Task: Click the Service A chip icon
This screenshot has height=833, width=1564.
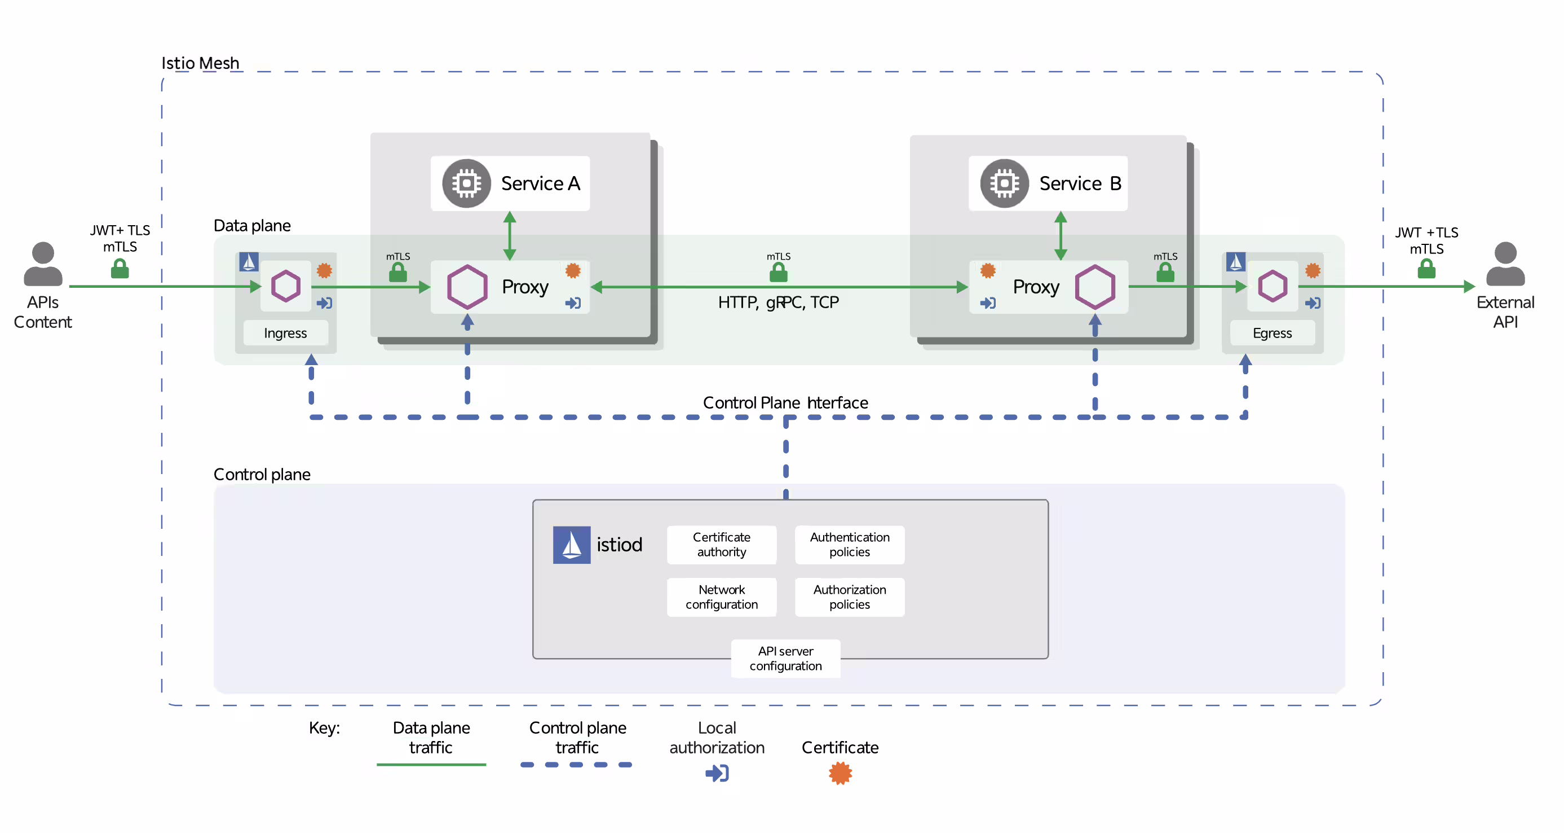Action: pos(466,183)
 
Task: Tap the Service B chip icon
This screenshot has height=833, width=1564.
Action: pos(1004,183)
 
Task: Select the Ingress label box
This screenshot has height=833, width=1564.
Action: pos(285,333)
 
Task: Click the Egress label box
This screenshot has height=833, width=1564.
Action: pos(1272,333)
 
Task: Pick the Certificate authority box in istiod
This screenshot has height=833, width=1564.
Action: pos(721,545)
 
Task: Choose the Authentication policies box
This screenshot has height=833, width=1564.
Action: pos(850,545)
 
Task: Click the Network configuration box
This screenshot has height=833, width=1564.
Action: pos(721,597)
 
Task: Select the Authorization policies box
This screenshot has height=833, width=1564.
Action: pos(850,597)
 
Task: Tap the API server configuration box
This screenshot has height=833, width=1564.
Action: pos(785,658)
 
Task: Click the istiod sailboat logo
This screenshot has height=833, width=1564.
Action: pos(571,545)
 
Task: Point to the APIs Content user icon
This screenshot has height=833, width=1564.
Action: pos(42,264)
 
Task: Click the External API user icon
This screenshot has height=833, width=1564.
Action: pos(1505,264)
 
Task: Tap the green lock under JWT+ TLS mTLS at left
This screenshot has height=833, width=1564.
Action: pos(120,268)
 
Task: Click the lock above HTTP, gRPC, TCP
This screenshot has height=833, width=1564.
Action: pos(779,271)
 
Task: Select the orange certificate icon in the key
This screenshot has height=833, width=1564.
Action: pos(840,773)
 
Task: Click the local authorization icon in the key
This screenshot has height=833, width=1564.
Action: pos(717,773)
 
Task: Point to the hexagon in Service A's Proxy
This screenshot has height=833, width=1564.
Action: pos(467,287)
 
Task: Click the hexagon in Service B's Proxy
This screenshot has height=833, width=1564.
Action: pos(1095,287)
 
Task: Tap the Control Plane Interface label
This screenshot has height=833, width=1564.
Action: pos(785,402)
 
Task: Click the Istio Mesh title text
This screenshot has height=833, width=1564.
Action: pos(200,63)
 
